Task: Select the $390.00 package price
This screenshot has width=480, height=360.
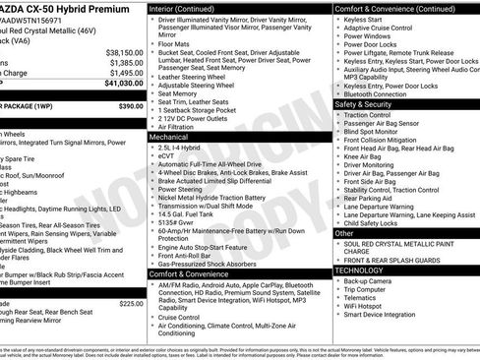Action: [x=131, y=105]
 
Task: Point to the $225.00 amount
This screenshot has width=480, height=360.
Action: [x=131, y=304]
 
